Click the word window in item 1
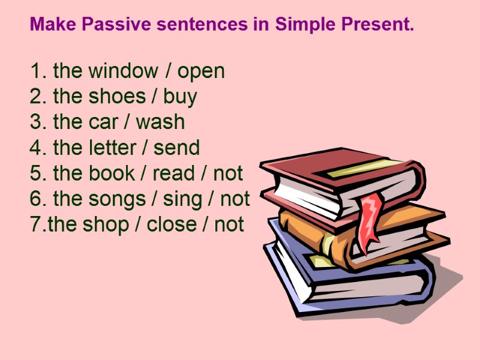tap(123, 71)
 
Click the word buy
tap(180, 97)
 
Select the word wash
tap(160, 122)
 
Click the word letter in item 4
tap(115, 148)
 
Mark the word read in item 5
tap(173, 173)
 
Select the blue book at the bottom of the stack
tap(348, 282)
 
